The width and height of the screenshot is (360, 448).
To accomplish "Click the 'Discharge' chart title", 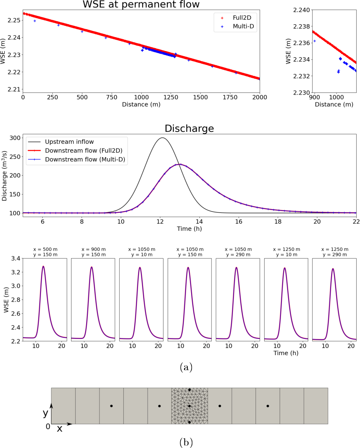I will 189,128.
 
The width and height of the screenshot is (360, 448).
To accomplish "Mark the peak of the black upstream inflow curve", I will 162,138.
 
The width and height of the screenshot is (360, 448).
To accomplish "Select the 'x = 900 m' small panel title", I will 93,249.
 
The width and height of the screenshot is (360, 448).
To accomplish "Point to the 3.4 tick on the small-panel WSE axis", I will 14,259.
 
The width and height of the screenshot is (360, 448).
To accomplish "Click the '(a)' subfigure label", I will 186,367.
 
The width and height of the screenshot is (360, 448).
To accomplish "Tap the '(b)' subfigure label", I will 186,442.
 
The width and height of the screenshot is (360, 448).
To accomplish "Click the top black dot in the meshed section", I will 189,389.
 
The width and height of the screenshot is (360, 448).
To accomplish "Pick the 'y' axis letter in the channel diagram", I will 45,413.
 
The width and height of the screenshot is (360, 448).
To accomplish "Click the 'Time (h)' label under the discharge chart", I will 189,229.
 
